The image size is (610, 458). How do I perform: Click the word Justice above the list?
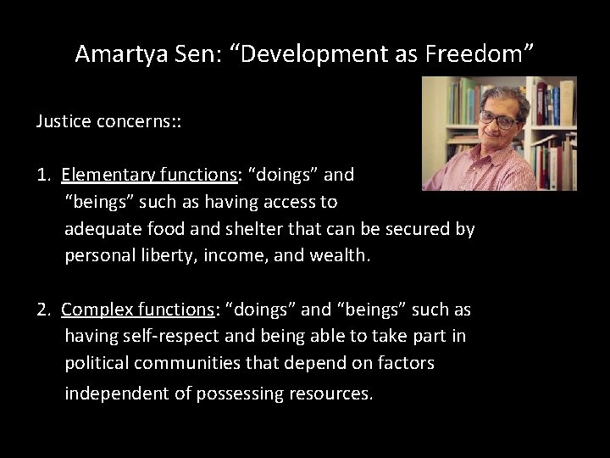(62, 121)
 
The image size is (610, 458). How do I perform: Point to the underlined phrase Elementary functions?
(149, 176)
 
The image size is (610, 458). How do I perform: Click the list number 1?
(42, 176)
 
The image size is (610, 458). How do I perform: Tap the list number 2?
(42, 310)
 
